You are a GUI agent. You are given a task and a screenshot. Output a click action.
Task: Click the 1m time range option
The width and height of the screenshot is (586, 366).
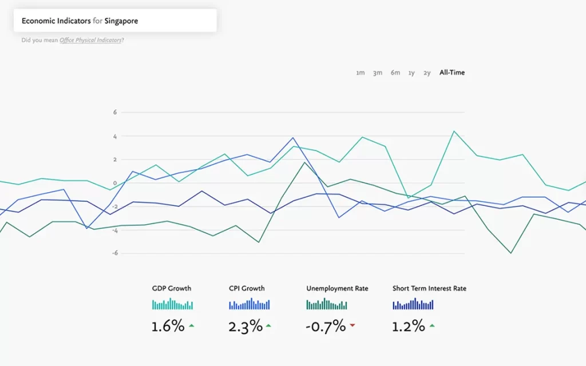point(360,73)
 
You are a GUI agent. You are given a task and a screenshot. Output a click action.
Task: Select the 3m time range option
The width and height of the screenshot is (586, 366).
point(378,73)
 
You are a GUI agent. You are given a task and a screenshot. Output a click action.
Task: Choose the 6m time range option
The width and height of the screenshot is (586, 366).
point(395,73)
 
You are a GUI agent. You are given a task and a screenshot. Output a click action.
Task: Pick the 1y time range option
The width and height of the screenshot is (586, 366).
point(411,73)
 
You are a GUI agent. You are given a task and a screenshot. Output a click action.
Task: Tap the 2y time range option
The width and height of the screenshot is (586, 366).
point(427,73)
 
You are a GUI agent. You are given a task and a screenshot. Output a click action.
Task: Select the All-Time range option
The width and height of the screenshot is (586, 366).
point(452,73)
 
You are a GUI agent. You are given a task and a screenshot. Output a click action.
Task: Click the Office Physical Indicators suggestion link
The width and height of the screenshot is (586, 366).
point(90,40)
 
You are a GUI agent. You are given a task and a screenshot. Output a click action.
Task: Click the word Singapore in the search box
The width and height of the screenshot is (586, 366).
point(121,21)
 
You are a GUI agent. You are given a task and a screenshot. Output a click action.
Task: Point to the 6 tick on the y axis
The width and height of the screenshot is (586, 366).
point(114,112)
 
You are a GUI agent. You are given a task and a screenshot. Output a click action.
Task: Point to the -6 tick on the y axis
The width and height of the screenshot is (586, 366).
point(114,253)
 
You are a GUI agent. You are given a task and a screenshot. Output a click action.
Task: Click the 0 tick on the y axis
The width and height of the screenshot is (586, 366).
point(114,183)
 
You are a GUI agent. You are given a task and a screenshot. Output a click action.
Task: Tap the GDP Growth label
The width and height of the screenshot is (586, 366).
point(172,288)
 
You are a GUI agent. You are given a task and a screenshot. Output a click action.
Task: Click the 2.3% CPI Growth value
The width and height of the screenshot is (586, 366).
point(246,327)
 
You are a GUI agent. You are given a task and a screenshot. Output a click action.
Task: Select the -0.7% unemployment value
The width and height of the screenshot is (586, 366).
point(326,327)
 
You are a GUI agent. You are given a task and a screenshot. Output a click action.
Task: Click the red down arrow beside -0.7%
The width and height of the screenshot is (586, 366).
point(353,325)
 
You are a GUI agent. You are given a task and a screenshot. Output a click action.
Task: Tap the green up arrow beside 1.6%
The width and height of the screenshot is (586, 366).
point(191,325)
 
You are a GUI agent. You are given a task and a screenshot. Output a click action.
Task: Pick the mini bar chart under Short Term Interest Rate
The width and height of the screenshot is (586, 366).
point(413,304)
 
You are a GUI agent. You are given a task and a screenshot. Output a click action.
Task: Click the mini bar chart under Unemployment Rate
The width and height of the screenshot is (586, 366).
point(327,304)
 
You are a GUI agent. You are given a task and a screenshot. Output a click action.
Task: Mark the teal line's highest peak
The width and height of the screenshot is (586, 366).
point(454,131)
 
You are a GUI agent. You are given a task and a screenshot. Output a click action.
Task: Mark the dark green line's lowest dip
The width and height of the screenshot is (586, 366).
point(511,253)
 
